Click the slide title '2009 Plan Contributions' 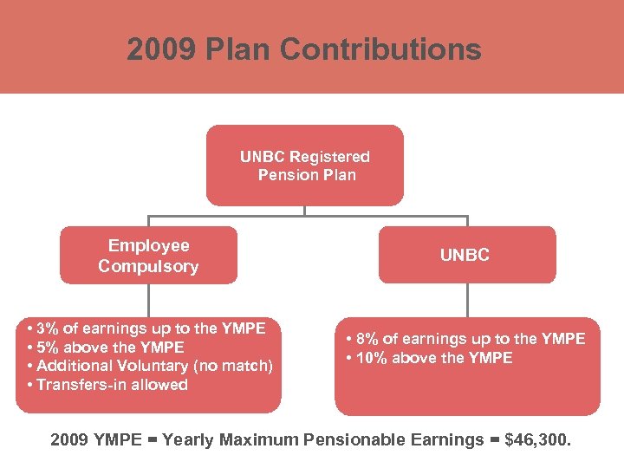(303, 49)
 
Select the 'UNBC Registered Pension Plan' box (304, 165)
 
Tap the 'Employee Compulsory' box (148, 256)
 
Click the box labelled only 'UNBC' (466, 255)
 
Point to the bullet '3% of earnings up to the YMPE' (148, 328)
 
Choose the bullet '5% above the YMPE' (107, 347)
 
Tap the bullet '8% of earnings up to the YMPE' (467, 339)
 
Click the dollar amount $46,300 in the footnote (543, 440)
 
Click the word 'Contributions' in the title (380, 49)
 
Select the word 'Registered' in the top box (329, 157)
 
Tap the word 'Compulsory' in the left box (148, 266)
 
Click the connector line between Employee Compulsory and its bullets (148, 300)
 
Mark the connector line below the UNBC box (467, 300)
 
